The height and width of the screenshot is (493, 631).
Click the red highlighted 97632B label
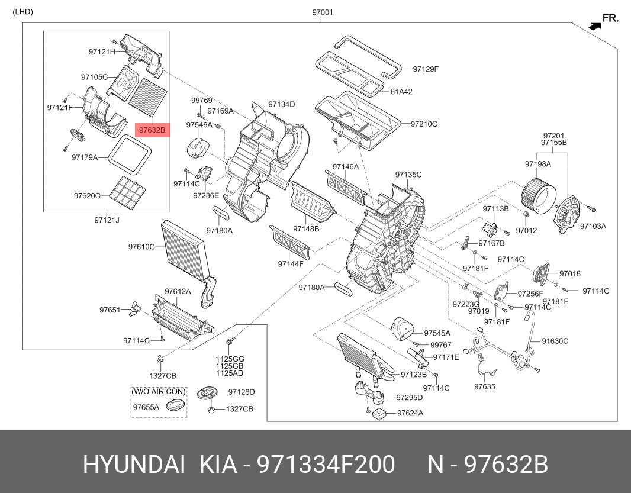(153, 130)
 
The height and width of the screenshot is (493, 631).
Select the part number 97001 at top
(323, 12)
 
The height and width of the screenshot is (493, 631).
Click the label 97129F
(426, 69)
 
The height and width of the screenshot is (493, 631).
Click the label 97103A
(593, 226)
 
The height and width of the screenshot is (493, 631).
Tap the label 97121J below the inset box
(107, 220)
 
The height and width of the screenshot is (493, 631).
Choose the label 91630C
(555, 341)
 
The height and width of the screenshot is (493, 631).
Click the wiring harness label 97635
(484, 387)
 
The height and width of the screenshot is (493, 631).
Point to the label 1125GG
(230, 359)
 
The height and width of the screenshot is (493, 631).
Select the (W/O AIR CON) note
(159, 392)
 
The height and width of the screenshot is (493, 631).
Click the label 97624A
(410, 413)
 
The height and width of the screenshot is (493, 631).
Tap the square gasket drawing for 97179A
(130, 154)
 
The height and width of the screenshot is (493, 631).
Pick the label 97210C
(425, 124)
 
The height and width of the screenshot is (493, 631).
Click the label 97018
(570, 274)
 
